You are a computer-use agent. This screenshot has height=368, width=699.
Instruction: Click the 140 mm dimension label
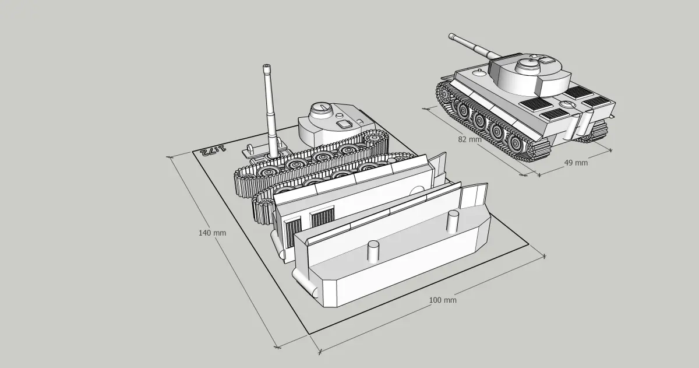point(212,233)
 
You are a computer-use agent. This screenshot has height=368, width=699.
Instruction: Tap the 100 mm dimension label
point(443,300)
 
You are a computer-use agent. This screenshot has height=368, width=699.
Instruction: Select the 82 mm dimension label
point(469,139)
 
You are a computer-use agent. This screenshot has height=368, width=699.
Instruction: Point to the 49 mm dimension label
point(576,163)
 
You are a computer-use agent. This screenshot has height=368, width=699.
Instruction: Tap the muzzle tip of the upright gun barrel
point(267,66)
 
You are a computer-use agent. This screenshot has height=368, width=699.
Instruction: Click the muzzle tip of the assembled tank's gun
point(451,36)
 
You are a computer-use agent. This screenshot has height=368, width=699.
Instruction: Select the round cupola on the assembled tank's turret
point(528,65)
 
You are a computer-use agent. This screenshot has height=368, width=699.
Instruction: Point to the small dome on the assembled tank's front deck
point(479,73)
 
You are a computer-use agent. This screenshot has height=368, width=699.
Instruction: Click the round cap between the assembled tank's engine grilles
point(566,104)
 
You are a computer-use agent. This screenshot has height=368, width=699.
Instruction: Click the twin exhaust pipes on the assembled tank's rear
point(578,123)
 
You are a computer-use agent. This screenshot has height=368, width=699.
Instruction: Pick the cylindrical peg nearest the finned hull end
point(453,222)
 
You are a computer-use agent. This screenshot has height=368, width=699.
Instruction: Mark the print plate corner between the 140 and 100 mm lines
point(309,334)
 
